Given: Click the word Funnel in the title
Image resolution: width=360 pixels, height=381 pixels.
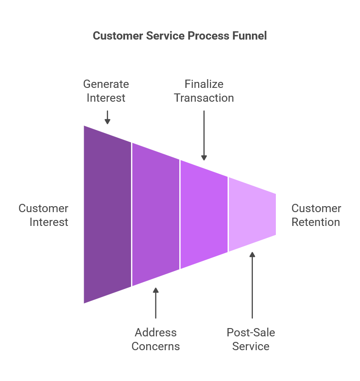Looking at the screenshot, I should [x=249, y=36].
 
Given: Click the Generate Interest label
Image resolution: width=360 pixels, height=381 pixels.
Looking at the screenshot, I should [x=106, y=91].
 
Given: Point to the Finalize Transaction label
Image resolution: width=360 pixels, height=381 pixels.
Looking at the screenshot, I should [x=204, y=91].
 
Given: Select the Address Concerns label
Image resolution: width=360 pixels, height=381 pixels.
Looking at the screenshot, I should [x=155, y=340].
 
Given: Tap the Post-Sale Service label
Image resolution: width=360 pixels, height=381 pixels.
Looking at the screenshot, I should [x=251, y=340].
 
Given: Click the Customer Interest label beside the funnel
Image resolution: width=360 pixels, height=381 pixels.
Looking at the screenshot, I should [x=44, y=215].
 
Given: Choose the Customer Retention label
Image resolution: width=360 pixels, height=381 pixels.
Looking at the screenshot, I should [x=316, y=215].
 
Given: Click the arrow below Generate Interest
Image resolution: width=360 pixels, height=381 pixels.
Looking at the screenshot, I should [x=107, y=117].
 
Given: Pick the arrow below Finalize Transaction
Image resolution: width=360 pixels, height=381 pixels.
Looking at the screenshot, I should [x=204, y=133].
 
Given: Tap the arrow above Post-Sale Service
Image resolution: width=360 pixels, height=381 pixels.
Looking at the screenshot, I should [x=252, y=285].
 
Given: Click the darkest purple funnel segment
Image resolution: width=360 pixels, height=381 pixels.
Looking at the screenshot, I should [x=108, y=214].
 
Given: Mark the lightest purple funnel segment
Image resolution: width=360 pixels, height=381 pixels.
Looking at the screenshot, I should [x=252, y=214].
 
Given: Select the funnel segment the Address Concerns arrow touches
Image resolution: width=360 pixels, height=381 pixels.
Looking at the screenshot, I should [x=155, y=214].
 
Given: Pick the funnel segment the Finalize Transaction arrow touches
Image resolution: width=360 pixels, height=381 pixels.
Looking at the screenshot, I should [x=204, y=214].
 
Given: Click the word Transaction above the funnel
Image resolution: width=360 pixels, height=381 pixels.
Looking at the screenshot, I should [x=204, y=98].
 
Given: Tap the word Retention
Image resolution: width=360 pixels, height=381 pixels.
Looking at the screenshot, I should [x=316, y=222].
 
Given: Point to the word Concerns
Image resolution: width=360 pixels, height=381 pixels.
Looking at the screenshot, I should [x=155, y=346].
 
